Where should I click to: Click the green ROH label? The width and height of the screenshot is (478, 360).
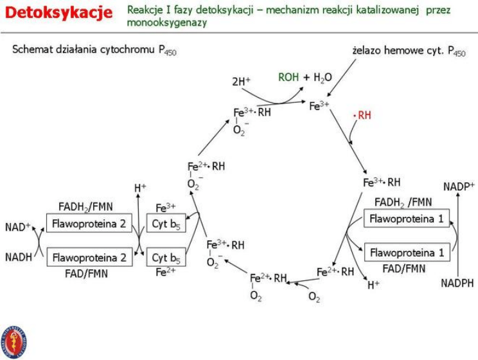288,77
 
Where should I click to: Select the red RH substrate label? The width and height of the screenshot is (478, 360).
363,116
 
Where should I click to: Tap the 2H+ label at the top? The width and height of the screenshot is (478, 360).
242,82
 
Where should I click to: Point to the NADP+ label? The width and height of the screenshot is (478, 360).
459,186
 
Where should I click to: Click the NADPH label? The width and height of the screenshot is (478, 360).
457,282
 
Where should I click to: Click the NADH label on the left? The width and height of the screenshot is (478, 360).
19,257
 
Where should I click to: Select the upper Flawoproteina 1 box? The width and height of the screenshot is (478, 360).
406,219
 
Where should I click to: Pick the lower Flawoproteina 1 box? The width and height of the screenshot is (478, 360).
406,253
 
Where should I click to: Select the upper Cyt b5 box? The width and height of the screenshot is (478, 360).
166,224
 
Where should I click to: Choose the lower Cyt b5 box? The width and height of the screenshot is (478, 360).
166,258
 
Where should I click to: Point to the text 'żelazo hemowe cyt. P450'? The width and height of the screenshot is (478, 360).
409,51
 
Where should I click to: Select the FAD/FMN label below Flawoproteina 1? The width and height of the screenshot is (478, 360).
405,267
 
